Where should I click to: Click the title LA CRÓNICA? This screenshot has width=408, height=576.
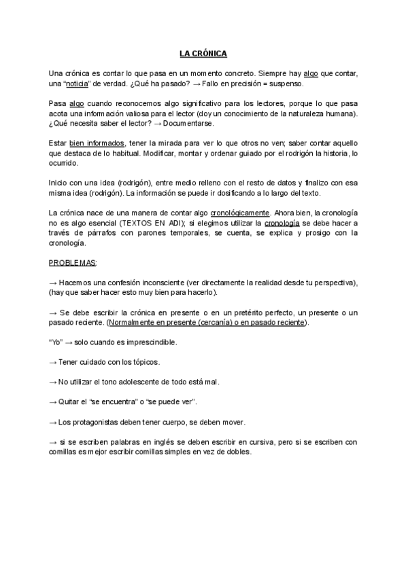(x=203, y=53)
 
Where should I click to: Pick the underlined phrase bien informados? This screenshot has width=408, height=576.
(x=97, y=143)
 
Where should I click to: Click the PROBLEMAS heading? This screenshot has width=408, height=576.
(x=73, y=262)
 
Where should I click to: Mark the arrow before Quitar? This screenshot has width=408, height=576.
(x=54, y=401)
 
